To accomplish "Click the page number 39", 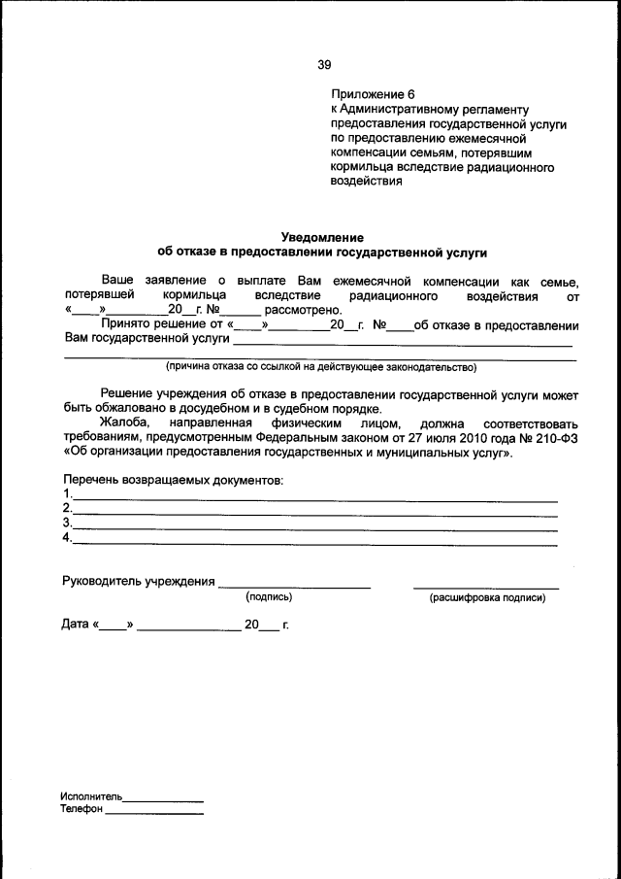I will (x=324, y=65).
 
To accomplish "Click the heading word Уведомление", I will (x=322, y=236).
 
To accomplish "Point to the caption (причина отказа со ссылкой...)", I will (x=321, y=367).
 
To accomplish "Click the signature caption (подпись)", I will (x=269, y=597).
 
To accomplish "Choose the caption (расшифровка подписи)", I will (x=487, y=597).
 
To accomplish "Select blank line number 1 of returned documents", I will (x=315, y=498).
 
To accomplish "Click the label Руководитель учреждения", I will (x=138, y=582).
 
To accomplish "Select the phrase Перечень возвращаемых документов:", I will (x=173, y=480).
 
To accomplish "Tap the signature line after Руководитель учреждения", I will (x=294, y=586).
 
